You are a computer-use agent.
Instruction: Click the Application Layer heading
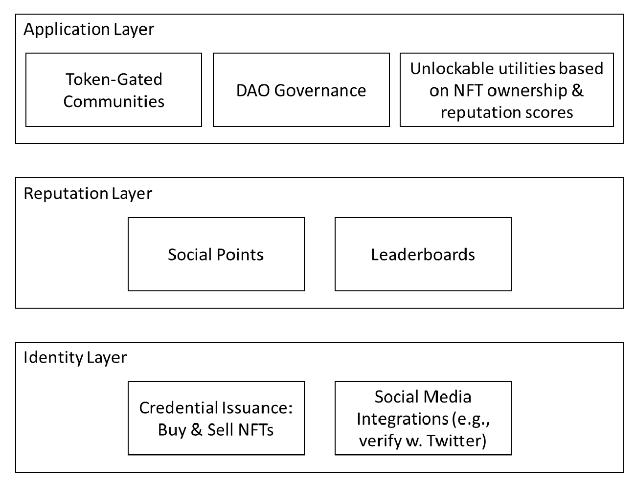pos(89,30)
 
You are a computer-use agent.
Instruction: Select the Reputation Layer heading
pos(88,194)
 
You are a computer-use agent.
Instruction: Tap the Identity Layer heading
pos(75,358)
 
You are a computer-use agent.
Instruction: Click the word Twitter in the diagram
pos(456,440)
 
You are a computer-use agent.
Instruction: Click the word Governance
pos(320,90)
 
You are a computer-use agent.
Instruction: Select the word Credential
pos(179,408)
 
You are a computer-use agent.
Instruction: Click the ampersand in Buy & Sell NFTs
pos(196,430)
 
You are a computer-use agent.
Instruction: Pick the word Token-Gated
pos(114,79)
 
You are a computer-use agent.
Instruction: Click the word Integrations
pos(402,419)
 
